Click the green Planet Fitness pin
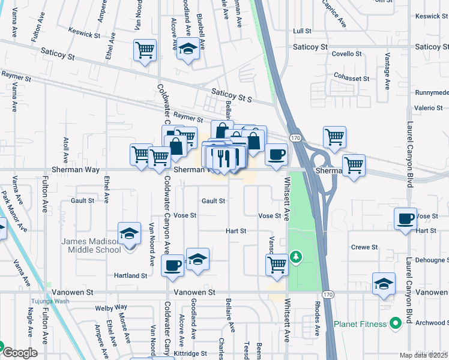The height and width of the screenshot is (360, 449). click(x=394, y=324)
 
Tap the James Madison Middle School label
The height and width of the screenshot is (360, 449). click(x=91, y=245)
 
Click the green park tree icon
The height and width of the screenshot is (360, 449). click(x=295, y=257)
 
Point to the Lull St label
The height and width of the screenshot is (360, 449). click(x=302, y=31)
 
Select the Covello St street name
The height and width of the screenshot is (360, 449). click(x=362, y=54)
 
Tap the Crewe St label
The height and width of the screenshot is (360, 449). click(x=364, y=247)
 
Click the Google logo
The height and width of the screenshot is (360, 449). click(x=19, y=352)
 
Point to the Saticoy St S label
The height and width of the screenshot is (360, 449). click(x=231, y=94)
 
